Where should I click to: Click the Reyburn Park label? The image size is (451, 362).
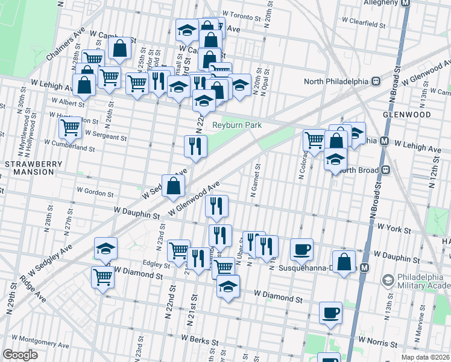pos(237,125)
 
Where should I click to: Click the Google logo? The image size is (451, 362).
pos(20,354)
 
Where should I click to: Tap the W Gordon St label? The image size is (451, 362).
pos(95,194)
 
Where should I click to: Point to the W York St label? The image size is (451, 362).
pos(394,230)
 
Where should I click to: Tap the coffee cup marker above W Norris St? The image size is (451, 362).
pos(330,313)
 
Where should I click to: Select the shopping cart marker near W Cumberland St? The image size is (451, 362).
pos(71,127)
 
